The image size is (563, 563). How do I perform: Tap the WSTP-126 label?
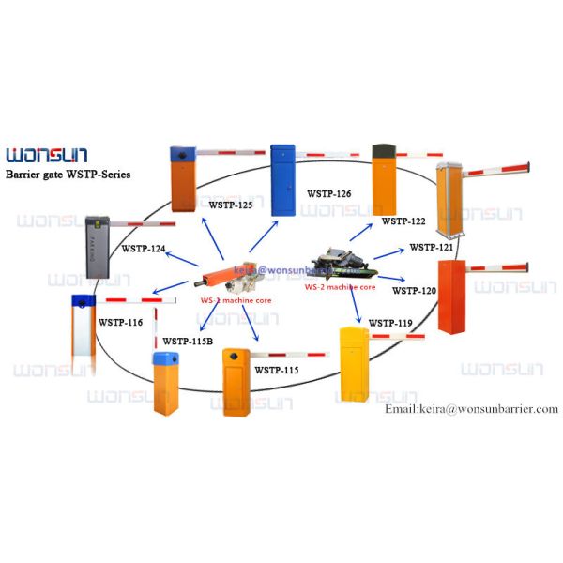pos(328,194)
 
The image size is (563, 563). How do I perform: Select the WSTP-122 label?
pos(403,221)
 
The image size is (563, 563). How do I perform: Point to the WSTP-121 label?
pos(432,248)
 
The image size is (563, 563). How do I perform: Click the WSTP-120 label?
pos(414,291)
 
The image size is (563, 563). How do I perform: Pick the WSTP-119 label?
pos(390,324)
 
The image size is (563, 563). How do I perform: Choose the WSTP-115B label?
pos(188,342)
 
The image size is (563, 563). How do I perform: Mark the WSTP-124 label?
pos(144,249)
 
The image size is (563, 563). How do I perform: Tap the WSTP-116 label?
pos(121,322)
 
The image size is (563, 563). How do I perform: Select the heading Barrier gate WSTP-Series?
pos(68,175)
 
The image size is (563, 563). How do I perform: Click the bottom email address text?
pos(472,409)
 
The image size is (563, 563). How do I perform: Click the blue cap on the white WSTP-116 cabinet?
pos(84,301)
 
